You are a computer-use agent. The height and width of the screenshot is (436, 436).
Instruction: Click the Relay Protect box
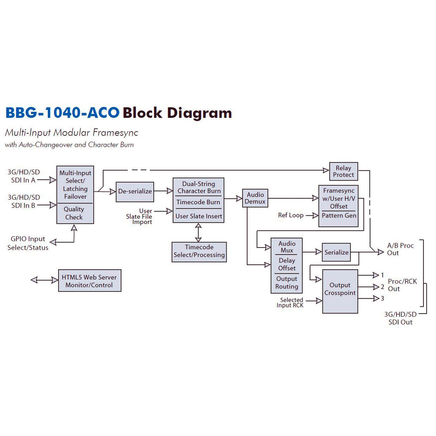click(x=343, y=171)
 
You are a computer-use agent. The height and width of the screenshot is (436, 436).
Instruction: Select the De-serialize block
click(x=135, y=191)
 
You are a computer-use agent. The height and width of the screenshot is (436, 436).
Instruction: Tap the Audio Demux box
click(x=255, y=198)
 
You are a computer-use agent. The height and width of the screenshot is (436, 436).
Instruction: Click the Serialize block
click(x=336, y=252)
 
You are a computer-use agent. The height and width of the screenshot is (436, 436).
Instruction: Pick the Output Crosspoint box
click(x=340, y=291)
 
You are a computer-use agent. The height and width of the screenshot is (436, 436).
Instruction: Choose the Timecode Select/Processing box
click(x=199, y=251)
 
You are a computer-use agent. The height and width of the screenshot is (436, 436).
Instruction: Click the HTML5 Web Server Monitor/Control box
click(x=89, y=281)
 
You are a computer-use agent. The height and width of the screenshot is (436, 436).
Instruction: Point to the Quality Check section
click(x=74, y=213)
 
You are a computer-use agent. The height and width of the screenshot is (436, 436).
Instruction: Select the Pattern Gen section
click(x=339, y=216)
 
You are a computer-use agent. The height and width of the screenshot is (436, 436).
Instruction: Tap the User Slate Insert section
click(x=199, y=216)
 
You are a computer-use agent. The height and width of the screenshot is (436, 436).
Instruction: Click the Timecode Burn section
click(x=198, y=202)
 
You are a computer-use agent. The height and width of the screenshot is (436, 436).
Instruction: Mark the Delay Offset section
click(x=287, y=264)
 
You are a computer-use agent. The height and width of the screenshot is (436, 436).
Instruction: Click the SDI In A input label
click(x=23, y=176)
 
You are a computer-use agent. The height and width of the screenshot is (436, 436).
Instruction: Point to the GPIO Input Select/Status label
click(x=28, y=243)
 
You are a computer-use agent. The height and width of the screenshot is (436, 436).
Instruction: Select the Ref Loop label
click(x=291, y=215)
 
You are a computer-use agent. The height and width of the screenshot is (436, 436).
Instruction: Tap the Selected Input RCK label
click(x=290, y=302)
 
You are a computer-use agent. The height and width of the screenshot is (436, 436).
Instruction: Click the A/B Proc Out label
click(x=400, y=249)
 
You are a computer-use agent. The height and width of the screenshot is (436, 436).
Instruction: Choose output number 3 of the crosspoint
click(x=382, y=298)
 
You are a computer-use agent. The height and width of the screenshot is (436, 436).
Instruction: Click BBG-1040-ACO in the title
click(x=62, y=113)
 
